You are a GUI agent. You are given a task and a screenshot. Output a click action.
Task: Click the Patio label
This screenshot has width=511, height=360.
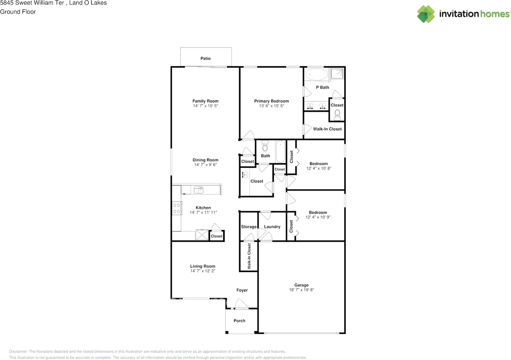205,58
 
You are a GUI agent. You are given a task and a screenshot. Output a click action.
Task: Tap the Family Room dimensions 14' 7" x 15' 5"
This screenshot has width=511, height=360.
205,106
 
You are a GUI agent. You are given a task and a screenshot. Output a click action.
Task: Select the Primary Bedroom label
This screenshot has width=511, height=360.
271,101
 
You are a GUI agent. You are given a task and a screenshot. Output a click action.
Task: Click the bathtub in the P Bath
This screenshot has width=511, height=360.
317,74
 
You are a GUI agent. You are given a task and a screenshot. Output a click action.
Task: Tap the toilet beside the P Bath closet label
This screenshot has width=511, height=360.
337,115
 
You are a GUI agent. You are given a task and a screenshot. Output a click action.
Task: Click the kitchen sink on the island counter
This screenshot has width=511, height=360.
198,190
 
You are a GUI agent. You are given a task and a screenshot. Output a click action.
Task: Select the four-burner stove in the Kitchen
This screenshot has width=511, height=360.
177,208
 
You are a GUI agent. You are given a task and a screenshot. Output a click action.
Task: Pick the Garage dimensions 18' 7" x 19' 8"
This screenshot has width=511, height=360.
301,290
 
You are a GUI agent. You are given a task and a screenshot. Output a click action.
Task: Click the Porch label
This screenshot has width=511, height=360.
239,321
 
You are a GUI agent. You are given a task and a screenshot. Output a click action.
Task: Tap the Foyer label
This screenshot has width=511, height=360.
242,290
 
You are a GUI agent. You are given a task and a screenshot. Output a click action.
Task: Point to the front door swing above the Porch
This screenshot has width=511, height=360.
242,304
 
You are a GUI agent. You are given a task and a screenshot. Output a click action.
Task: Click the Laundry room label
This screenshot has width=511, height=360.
272,227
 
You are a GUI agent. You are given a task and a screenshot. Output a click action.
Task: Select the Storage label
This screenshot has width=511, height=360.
249,227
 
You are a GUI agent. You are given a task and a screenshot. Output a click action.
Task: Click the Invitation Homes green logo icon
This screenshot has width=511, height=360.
426,14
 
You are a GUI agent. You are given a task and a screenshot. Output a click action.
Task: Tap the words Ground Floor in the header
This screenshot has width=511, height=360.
18,12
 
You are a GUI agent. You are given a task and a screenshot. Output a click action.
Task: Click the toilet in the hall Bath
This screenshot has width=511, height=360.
265,146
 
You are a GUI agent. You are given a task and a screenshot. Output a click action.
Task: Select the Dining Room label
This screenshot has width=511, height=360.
205,160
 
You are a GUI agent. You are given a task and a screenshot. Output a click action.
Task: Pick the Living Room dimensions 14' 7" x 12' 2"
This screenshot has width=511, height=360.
202,271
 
